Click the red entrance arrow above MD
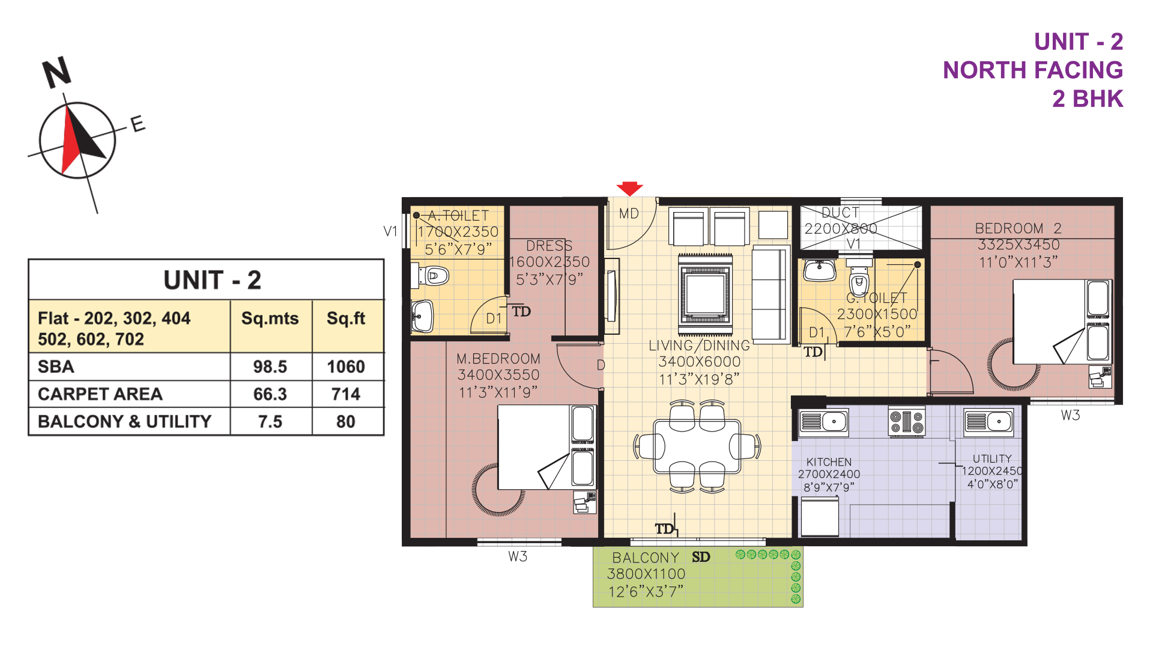coord(629,188)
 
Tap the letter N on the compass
coord(57,73)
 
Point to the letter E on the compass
coord(138,124)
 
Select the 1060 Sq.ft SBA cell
coord(346,367)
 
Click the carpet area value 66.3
coord(270,394)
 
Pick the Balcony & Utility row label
coord(124,421)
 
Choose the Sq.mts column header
coord(270,318)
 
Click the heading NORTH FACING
coord(1033,70)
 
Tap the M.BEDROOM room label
coord(498,359)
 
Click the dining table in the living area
coord(697,446)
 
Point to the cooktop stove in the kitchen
coord(907,421)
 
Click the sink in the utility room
coord(988,422)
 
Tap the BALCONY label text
coord(646,558)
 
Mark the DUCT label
coord(840,213)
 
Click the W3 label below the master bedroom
coord(518,556)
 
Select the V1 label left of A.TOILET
coord(390,231)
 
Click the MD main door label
coord(629,214)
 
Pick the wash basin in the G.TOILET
coord(820,270)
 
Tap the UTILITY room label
coord(992,459)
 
